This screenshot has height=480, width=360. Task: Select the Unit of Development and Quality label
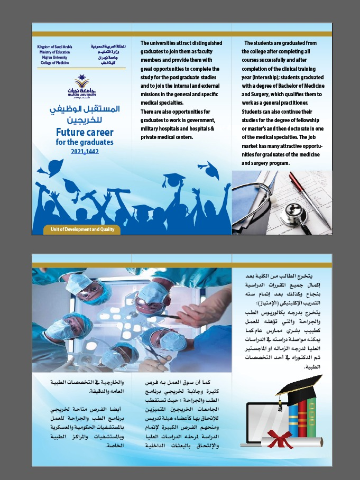[x=75, y=230]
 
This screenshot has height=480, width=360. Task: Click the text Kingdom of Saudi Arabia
[x=54, y=47]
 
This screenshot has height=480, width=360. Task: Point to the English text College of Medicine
[x=55, y=62]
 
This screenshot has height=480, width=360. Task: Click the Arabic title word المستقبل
[x=100, y=109]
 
